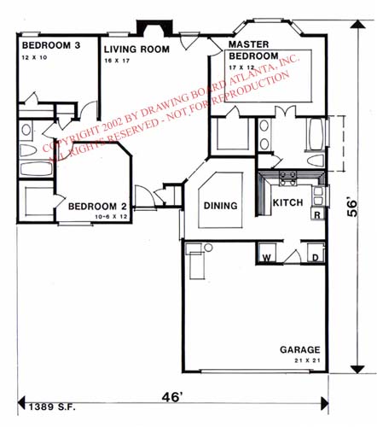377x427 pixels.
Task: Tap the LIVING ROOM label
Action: (x=136, y=50)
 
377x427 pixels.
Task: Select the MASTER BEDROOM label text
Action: (x=249, y=50)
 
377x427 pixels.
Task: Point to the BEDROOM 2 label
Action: (x=98, y=206)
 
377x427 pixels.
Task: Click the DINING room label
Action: (x=220, y=206)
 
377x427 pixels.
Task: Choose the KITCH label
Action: (x=288, y=203)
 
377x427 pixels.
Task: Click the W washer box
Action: (x=266, y=256)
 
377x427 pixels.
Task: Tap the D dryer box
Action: (x=314, y=256)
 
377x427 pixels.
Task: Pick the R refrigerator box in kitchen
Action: (x=316, y=215)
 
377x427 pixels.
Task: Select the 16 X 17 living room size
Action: (x=119, y=61)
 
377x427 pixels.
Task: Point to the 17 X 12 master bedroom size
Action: (x=242, y=66)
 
